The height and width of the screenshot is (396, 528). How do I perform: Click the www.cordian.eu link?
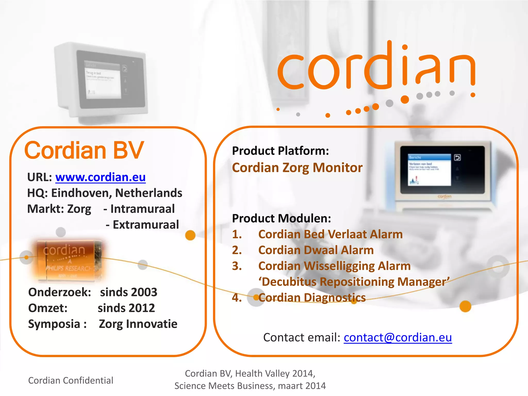100,177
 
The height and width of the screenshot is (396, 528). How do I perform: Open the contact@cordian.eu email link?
398,337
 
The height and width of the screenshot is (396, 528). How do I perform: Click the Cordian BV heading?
84,150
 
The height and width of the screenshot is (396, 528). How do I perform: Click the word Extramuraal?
146,225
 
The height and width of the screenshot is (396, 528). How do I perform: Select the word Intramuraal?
142,209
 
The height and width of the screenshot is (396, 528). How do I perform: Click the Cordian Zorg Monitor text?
297,168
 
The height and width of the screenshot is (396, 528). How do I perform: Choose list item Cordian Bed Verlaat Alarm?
330,234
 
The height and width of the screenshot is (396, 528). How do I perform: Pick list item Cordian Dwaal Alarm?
316,250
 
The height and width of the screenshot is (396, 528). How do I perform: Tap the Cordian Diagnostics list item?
312,298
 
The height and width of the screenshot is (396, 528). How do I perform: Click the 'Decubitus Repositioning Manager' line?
354,282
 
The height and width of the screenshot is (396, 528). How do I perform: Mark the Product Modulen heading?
281,219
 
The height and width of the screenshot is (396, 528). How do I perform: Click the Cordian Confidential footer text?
70,381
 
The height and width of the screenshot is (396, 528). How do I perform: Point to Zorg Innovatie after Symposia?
138,324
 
